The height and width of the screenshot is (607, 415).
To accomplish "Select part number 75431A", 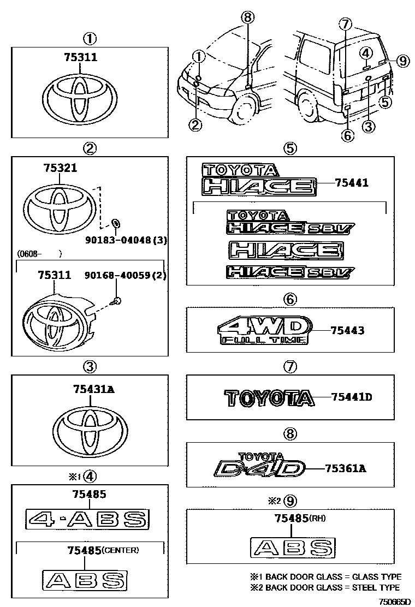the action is coord(93,389).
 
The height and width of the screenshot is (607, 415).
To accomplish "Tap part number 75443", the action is coord(347,330).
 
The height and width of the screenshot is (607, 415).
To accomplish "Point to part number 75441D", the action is coord(351,397).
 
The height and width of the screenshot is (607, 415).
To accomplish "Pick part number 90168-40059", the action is coord(120,276).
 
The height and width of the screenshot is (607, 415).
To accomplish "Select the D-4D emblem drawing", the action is coord(257,467).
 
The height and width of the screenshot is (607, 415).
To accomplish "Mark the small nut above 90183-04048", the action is coord(116,223).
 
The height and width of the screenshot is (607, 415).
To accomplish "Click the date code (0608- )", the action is coord(38,254).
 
